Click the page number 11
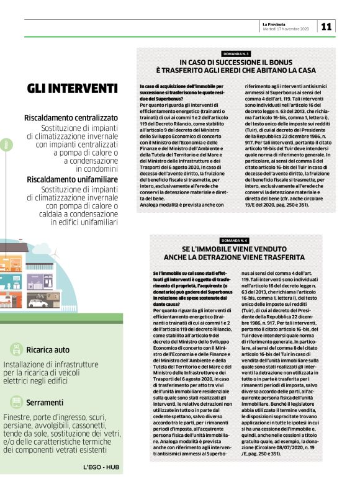coord(326,25)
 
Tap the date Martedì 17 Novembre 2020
coord(286,29)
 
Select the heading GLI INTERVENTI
coord(72,88)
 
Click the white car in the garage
coord(37,303)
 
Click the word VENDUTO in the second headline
coord(280,249)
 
